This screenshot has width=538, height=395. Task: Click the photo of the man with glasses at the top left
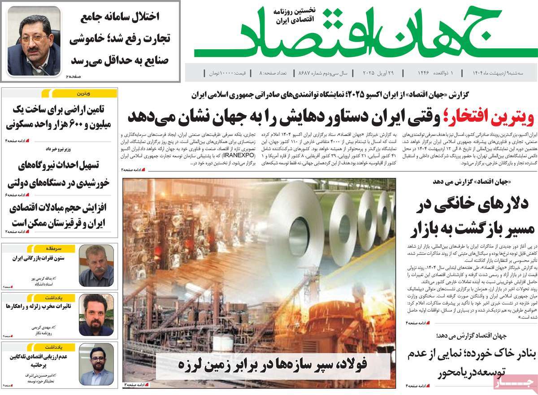34,41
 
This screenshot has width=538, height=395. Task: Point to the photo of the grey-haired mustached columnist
96,266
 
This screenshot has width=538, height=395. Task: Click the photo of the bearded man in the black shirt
96,315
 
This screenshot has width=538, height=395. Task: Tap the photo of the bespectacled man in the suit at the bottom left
96,365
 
